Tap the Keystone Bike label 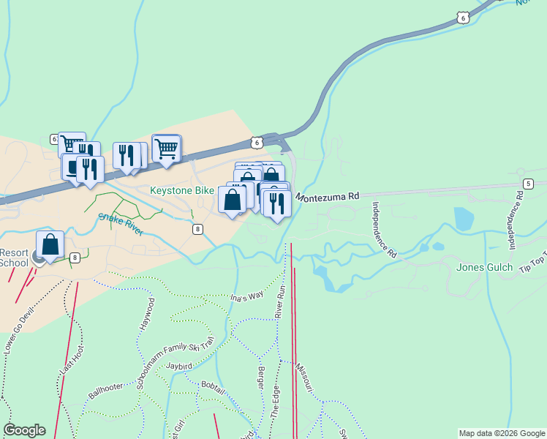(x=182, y=190)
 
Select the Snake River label (x=117, y=222)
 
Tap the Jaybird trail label (x=183, y=364)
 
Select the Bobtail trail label (x=212, y=385)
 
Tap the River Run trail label (x=280, y=300)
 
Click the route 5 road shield (x=528, y=183)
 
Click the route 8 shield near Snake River (x=198, y=229)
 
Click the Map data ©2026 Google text (x=502, y=433)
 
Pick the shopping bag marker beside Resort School (x=50, y=245)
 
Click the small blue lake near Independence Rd (x=464, y=218)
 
